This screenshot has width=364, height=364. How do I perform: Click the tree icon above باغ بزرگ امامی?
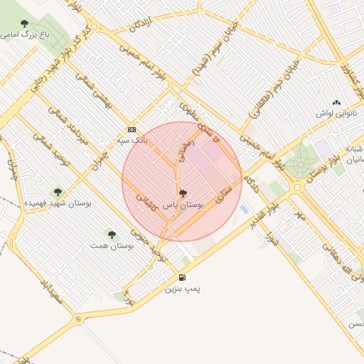coord(25,24)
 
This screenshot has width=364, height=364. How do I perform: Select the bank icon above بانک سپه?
coord(132,129)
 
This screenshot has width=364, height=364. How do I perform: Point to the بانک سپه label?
coord(133,141)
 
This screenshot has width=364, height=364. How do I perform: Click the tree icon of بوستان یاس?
coord(183,193)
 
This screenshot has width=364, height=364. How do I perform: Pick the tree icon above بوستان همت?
coord(111,233)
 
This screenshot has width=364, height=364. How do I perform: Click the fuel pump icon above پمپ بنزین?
coord(183,277)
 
